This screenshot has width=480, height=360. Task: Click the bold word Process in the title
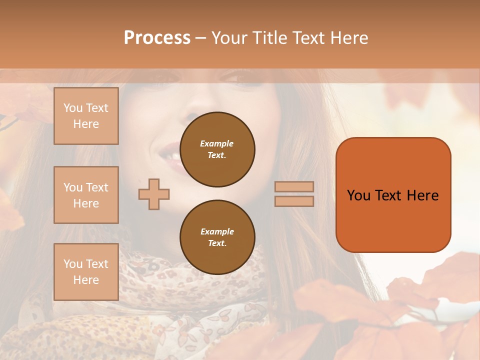[157, 37]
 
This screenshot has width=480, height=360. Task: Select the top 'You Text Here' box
[86, 116]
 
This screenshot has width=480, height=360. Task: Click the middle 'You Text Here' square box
[86, 195]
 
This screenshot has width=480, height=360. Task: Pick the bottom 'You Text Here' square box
[86, 272]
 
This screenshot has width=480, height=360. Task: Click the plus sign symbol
[154, 194]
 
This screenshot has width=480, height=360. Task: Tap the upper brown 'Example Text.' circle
[217, 149]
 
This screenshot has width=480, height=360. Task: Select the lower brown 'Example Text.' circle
[217, 237]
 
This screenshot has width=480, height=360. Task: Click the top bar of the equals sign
[294, 187]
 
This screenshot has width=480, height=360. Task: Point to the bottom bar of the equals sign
[294, 201]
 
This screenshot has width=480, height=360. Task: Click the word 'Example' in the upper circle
[217, 143]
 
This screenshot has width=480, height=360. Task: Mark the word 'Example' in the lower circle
[217, 231]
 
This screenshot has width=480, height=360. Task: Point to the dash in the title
[201, 38]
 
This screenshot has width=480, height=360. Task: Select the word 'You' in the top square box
[72, 108]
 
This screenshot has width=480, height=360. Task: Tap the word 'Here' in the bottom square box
[86, 280]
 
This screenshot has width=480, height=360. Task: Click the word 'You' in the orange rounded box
[359, 195]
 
